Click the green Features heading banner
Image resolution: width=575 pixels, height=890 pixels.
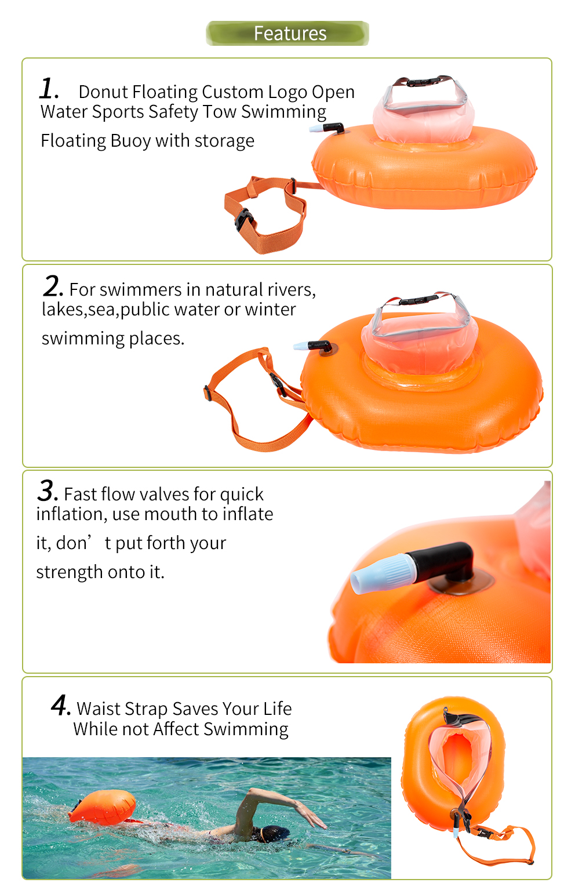click(287, 34)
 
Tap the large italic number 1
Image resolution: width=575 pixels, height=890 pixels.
click(49, 88)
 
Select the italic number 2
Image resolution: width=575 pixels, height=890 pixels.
click(53, 286)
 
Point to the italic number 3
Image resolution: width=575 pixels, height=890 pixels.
click(48, 491)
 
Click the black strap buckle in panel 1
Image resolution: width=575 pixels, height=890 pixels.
click(243, 220)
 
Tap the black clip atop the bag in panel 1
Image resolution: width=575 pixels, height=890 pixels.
click(424, 82)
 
